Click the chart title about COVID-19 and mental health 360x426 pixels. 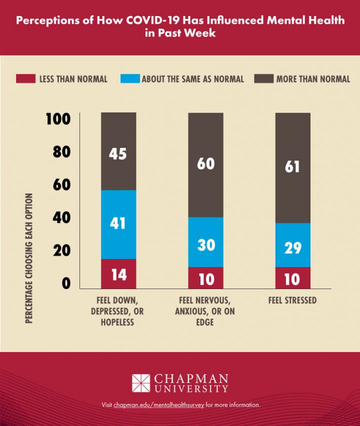pyautogui.click(x=180, y=26)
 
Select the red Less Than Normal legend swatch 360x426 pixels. pyautogui.click(x=25, y=79)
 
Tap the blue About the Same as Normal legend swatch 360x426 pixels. pyautogui.click(x=129, y=79)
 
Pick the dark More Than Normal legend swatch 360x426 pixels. pyautogui.click(x=264, y=79)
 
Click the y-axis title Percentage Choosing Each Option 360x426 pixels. pyautogui.click(x=29, y=257)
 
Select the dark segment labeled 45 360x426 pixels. pyautogui.click(x=118, y=152)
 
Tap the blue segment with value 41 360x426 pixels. pyautogui.click(x=118, y=224)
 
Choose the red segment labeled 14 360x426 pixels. pyautogui.click(x=118, y=274)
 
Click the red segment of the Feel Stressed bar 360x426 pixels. pyautogui.click(x=292, y=278)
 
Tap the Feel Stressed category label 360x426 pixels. pyautogui.click(x=292, y=300)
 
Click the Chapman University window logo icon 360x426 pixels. pyautogui.click(x=141, y=383)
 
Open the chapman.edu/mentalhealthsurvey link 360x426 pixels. pyautogui.click(x=158, y=404)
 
